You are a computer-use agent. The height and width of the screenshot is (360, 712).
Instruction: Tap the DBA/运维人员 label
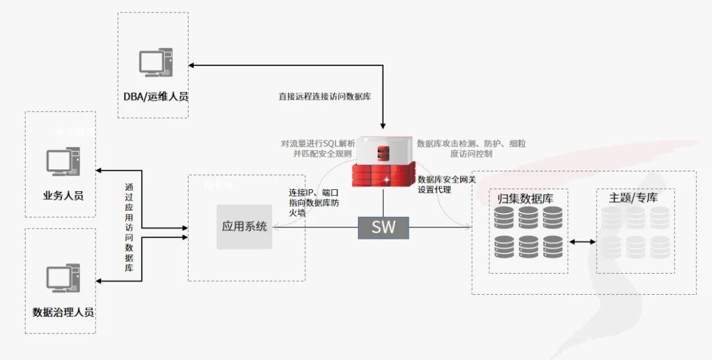pos(156,97)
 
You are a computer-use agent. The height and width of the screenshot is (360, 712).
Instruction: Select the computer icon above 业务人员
pos(63,162)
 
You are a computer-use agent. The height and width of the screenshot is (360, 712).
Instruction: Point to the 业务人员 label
pos(63,195)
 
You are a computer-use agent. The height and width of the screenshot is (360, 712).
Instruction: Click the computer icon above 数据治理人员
pos(63,278)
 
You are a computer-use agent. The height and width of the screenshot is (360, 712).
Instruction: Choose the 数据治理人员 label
pos(63,311)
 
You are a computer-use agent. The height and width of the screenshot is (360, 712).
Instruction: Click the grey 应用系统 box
pos(245,227)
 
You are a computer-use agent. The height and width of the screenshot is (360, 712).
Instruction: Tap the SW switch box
pos(383,227)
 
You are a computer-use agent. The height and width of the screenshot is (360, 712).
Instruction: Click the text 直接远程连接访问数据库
pos(324,96)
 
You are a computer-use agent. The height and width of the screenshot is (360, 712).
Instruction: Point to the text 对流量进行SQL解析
pos(318,143)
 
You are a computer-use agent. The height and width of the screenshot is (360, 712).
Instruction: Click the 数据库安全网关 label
pos(446,179)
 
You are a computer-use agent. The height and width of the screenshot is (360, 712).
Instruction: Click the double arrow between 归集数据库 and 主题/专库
pos(581,243)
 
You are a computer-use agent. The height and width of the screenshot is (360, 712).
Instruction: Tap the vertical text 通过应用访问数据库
pos(129,227)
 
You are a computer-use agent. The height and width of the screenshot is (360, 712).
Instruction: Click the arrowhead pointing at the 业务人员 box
pos(100,171)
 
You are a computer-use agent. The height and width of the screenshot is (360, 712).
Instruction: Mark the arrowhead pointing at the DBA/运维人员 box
pos(191,65)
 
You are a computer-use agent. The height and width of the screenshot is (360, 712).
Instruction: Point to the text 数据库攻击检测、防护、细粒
pos(471,143)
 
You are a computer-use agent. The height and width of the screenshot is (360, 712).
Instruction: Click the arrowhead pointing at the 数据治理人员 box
pos(100,282)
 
